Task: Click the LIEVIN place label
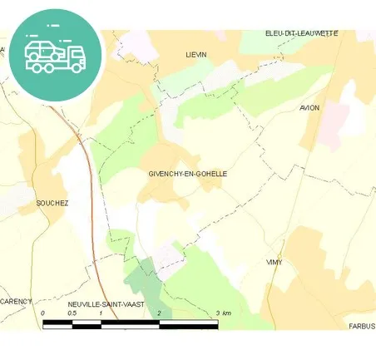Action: (195, 54)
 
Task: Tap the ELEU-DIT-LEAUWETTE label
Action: (301, 32)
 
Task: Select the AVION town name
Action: (309, 108)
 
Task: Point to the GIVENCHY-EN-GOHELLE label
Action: (187, 174)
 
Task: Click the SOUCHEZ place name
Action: (52, 203)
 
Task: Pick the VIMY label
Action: (274, 262)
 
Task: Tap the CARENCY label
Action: (17, 301)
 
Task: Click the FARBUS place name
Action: (362, 326)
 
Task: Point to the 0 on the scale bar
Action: (42, 313)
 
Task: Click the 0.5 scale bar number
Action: (72, 313)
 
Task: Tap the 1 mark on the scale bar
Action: (101, 313)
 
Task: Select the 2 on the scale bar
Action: (159, 313)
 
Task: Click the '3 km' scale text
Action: (222, 313)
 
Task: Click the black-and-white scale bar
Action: (130, 323)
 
